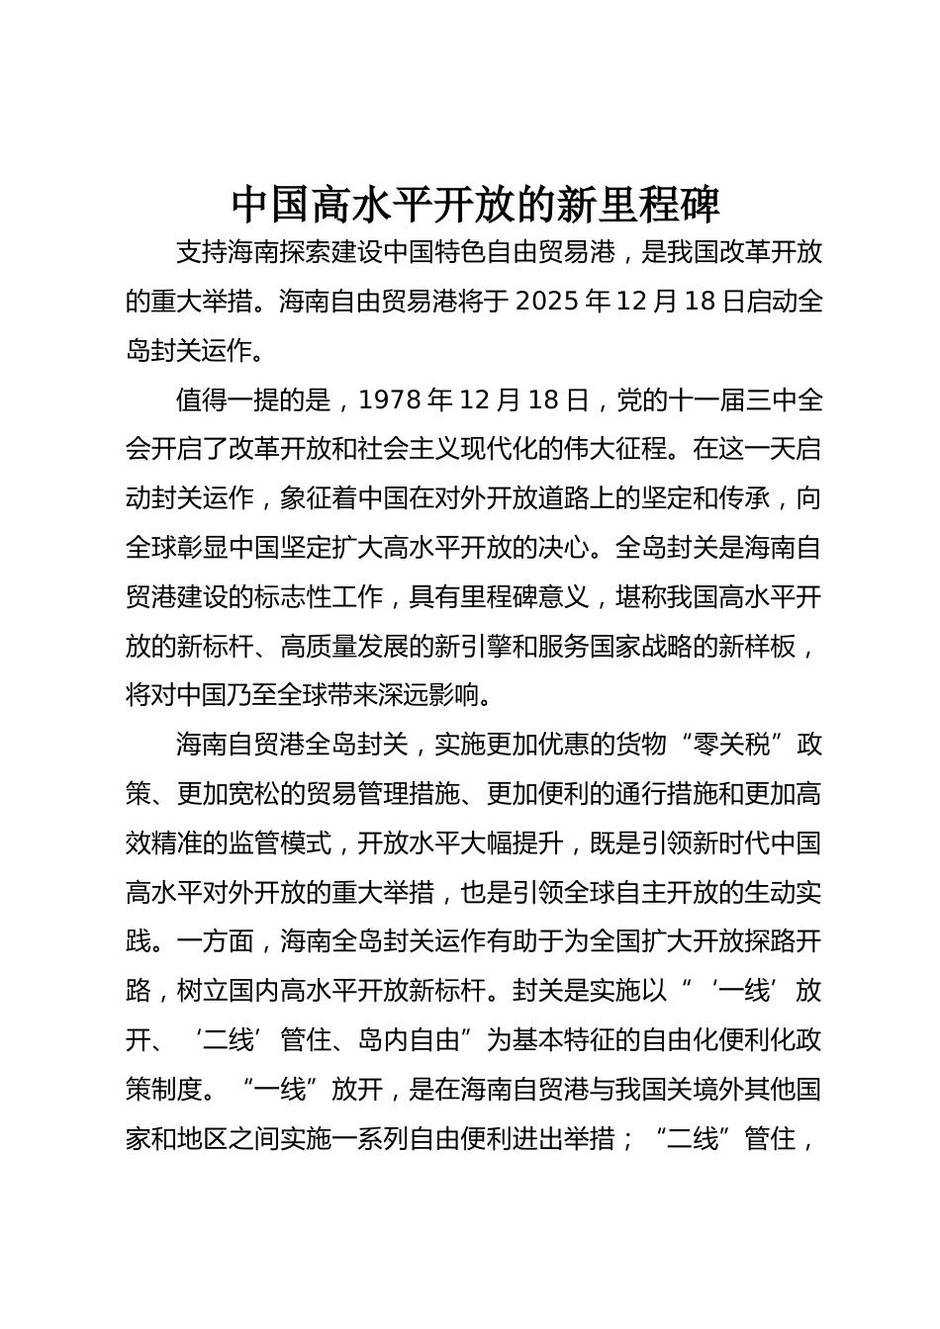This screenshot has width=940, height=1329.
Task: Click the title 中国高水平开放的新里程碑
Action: pyautogui.click(x=477, y=204)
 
